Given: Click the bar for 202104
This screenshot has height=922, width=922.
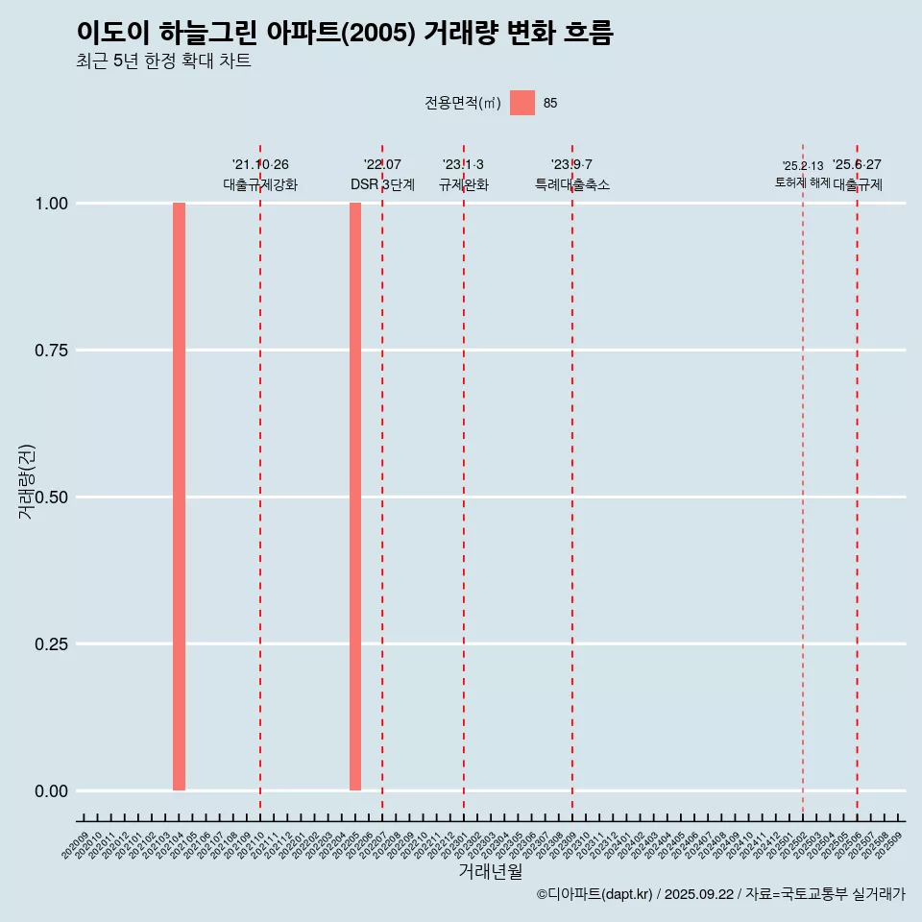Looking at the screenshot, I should (x=179, y=497).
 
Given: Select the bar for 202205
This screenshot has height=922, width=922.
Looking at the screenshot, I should (x=355, y=497).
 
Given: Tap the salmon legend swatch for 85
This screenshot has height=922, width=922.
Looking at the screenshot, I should (x=522, y=103).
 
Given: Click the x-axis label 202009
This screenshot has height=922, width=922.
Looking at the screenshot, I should (x=76, y=843).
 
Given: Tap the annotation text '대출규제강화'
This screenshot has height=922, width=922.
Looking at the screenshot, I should (x=260, y=184).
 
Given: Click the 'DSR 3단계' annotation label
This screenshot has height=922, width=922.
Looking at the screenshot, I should (x=382, y=184).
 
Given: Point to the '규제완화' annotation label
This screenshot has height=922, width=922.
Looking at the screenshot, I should (x=464, y=184).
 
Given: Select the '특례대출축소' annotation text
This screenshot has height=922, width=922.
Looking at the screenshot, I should (x=572, y=184).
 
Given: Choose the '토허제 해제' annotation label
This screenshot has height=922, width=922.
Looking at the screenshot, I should (x=803, y=182).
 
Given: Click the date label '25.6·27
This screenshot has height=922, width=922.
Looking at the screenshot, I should (x=857, y=164).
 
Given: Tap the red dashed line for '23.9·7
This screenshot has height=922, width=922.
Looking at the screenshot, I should (x=572, y=480).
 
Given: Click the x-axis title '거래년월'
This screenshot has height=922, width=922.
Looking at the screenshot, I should (x=491, y=872).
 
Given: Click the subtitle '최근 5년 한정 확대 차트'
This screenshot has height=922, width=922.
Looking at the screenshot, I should (x=163, y=61).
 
